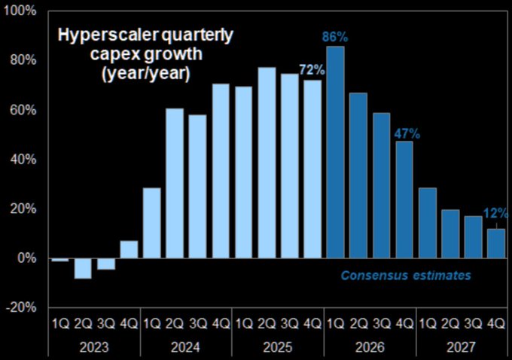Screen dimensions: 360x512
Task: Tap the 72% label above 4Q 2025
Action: (x=312, y=70)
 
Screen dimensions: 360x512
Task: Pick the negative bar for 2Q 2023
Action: (x=83, y=268)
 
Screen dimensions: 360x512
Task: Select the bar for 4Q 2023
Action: (x=129, y=249)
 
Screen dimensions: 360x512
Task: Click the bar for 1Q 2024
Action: (x=151, y=223)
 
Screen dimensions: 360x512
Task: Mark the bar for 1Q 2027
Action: (x=428, y=223)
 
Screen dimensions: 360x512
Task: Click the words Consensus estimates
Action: (x=406, y=276)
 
